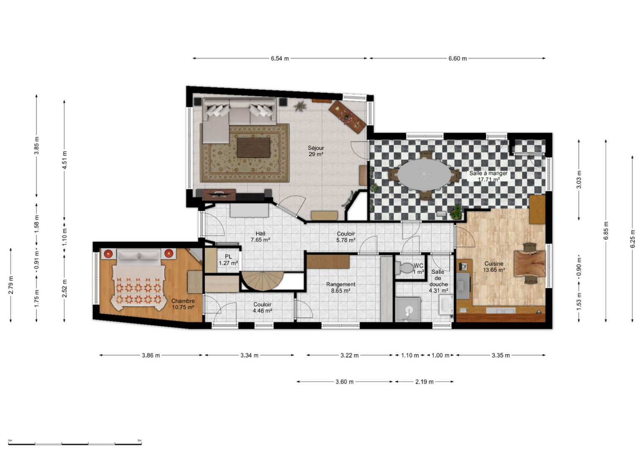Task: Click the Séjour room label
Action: click(316, 151)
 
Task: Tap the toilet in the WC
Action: click(404, 267)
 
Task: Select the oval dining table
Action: click(424, 175)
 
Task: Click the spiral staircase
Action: click(262, 281)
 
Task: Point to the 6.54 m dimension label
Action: click(280, 59)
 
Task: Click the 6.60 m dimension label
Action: click(458, 59)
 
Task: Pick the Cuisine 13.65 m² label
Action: click(494, 267)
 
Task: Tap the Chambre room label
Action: click(183, 304)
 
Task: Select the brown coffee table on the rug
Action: click(253, 148)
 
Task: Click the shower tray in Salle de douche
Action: click(408, 309)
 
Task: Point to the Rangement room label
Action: click(341, 287)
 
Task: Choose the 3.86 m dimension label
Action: click(151, 355)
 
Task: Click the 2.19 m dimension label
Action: click(424, 382)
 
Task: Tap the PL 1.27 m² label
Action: click(228, 260)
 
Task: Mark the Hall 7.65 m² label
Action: click(260, 236)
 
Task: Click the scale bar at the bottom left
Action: click(75, 444)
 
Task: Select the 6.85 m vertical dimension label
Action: click(606, 231)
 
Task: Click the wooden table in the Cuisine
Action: click(529, 263)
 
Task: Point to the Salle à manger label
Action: click(488, 176)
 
